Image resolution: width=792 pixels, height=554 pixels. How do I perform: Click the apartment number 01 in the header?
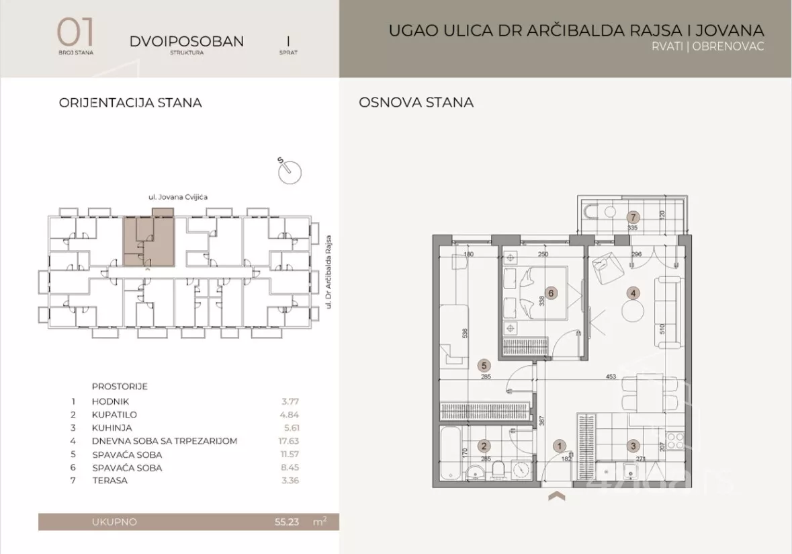point(75,32)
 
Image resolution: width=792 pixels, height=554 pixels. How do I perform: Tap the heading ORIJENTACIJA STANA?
point(130,103)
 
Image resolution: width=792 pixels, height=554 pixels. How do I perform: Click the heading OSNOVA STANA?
point(416,102)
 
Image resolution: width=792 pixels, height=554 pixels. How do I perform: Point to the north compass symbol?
point(289,170)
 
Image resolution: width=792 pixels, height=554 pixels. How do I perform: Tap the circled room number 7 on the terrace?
point(631,217)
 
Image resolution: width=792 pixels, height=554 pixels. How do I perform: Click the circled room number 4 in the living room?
point(631,292)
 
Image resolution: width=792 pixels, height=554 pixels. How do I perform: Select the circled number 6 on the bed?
point(551,293)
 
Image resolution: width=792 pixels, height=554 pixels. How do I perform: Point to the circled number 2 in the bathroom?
point(482,445)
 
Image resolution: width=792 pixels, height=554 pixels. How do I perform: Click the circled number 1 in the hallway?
point(559,445)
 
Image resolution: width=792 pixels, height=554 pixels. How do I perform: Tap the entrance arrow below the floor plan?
point(557,497)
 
